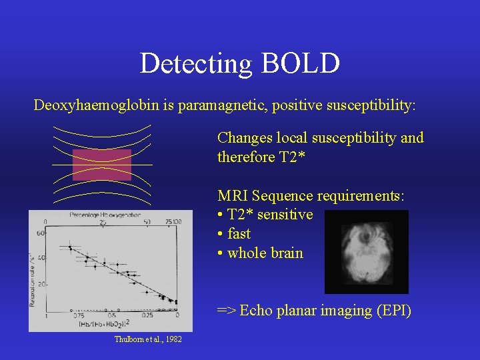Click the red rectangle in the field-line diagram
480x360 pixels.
click(x=101, y=165)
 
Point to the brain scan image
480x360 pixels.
click(x=366, y=252)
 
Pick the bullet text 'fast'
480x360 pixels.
click(x=239, y=234)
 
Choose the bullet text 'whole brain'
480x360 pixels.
click(x=265, y=253)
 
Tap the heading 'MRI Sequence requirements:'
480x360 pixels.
click(x=311, y=196)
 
